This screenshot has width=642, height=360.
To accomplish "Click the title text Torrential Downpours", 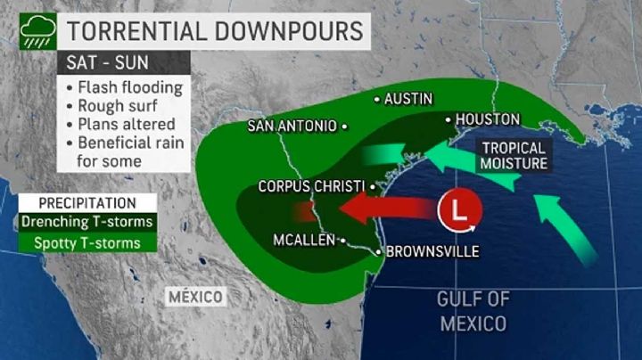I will pos(215,32).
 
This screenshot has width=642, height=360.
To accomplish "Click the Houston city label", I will pos(487,119).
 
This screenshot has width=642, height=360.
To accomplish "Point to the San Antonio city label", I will pos(292,127).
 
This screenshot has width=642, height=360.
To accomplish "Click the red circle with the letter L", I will pos(459,212).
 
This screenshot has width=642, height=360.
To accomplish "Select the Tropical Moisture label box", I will pos(514,155).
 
